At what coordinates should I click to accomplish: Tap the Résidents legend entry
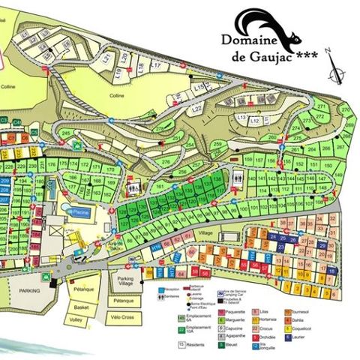coord(195,344)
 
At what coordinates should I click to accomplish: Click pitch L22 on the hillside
coord(196,108)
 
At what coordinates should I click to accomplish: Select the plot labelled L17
coord(156,66)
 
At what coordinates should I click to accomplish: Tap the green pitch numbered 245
coord(66,133)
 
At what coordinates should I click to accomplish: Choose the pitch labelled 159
coord(248,160)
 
